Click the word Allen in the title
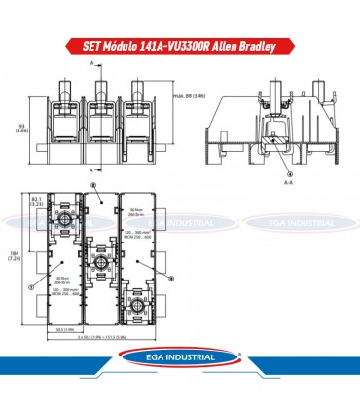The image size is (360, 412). (242, 45)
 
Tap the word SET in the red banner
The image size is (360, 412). (91, 45)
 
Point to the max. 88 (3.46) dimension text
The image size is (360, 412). (189, 95)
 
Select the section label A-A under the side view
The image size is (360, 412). (262, 181)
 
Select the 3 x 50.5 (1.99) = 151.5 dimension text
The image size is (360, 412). (92, 337)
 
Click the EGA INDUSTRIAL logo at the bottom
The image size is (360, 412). (179, 371)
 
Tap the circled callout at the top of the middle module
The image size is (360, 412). (91, 184)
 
